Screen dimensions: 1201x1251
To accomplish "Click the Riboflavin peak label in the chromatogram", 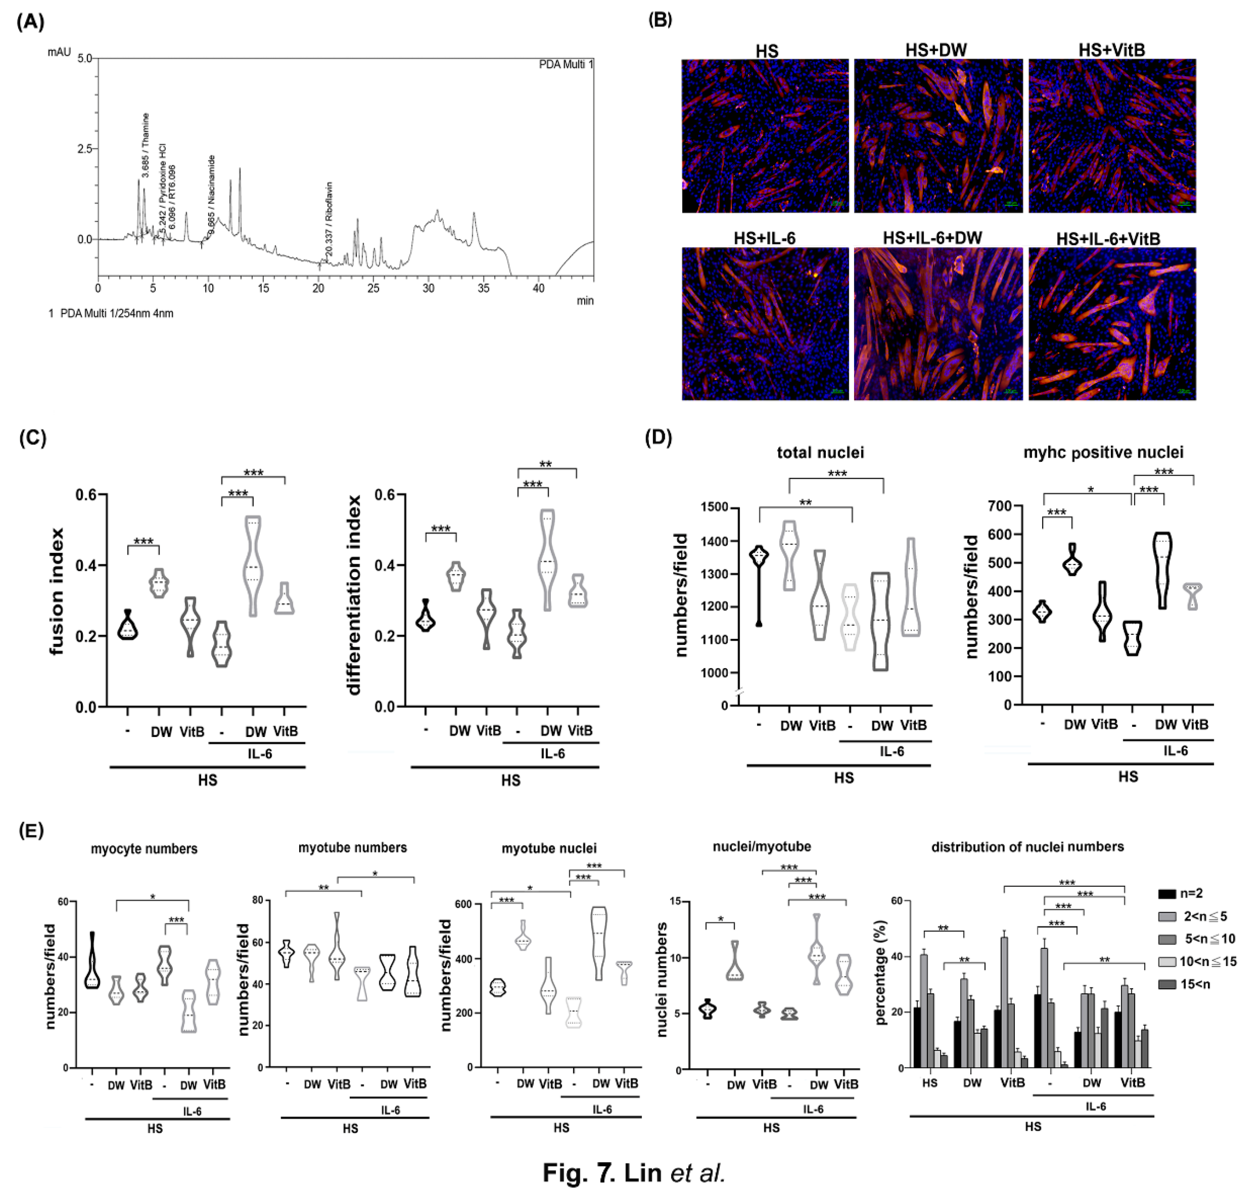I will [329, 219].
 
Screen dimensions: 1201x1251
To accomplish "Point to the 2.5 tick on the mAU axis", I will [83, 149].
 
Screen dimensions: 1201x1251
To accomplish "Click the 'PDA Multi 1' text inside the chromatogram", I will [566, 64].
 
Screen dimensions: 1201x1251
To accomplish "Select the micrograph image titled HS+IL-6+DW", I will [938, 324].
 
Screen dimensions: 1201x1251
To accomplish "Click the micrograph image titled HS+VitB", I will [1112, 136].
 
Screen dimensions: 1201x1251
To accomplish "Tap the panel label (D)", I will [658, 439].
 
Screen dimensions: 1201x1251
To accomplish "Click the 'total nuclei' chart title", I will [820, 453].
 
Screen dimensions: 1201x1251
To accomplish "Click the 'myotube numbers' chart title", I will [352, 847].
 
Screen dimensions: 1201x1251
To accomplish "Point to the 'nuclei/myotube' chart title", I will [762, 847].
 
